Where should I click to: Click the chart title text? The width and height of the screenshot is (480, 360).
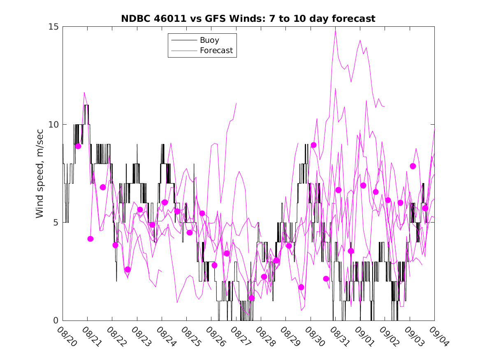[248, 19]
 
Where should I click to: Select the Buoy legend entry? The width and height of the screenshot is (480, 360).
[209, 40]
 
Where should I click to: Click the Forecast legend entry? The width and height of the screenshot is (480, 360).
[216, 51]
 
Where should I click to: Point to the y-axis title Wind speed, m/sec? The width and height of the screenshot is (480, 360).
[39, 173]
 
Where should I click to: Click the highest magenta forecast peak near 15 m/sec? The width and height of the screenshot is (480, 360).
[335, 30]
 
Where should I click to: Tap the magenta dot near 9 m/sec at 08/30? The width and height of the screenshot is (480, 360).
[313, 145]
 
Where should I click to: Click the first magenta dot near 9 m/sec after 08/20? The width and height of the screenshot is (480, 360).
[78, 146]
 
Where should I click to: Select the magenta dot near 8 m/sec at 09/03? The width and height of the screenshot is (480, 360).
[413, 166]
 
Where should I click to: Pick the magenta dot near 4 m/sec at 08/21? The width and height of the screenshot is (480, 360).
[90, 239]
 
